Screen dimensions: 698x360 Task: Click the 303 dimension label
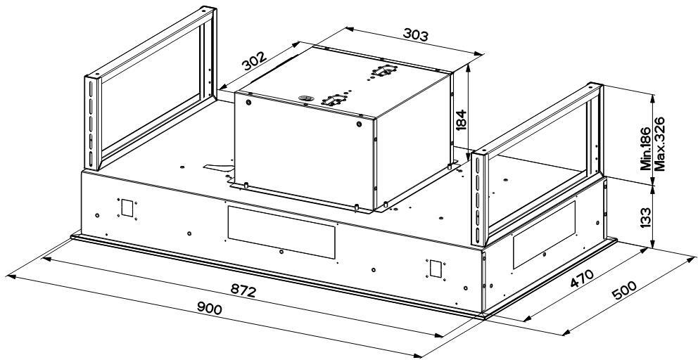coord(415,34)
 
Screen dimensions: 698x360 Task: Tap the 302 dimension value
coord(254,61)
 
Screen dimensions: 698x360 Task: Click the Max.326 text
coord(659,143)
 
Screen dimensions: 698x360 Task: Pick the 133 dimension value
coord(645,217)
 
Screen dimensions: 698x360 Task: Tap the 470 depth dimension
coord(582,278)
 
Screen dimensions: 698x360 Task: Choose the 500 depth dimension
coord(625,292)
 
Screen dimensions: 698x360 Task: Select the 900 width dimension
coord(209,308)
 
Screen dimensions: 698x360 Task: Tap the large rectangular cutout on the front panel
coord(281,232)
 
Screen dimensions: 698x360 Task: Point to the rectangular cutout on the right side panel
coord(543,235)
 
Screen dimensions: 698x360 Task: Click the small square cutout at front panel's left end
coord(127,208)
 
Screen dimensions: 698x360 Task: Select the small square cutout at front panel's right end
coord(435,268)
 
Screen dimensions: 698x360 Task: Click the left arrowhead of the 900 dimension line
coord(12,276)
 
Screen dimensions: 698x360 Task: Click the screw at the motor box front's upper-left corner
coord(248,103)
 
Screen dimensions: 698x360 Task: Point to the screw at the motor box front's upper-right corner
coord(359,124)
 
